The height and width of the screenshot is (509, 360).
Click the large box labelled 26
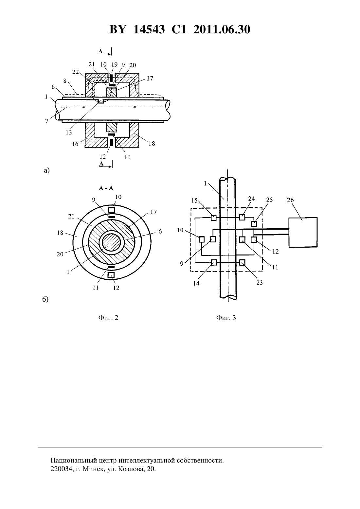point(303,232)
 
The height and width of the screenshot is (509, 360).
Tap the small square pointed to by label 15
point(214,218)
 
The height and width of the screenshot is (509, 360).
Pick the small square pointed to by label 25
point(254,224)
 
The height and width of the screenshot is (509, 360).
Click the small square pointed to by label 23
point(242,263)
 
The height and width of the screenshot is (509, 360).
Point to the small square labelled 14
point(214,263)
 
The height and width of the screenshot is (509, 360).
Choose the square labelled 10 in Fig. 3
point(201,239)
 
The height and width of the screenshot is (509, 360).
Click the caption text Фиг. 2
point(108,317)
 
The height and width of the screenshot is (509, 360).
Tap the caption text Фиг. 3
point(226,317)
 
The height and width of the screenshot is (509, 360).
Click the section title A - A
point(106,188)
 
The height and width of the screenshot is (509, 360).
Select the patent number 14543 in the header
point(149,29)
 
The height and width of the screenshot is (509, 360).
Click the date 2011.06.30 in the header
point(222,29)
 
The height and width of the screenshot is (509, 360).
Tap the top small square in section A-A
point(112,209)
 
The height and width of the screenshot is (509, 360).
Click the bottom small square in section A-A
point(111,275)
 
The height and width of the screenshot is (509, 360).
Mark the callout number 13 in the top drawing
point(69,132)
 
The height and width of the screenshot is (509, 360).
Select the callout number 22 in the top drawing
point(76,72)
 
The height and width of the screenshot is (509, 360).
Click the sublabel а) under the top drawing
point(46,170)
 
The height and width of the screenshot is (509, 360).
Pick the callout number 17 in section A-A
point(153,212)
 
